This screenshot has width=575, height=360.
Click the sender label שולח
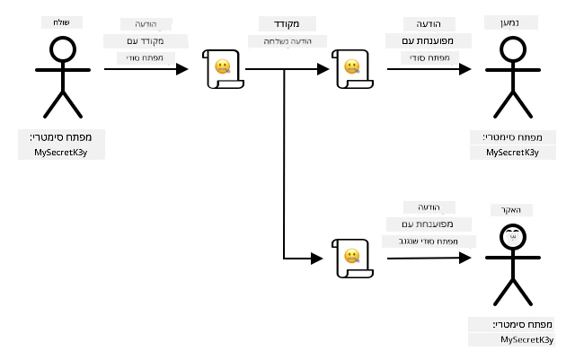62,22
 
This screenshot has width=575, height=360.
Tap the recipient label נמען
509,22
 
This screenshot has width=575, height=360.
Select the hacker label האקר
511,210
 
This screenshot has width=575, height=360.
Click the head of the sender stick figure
63,49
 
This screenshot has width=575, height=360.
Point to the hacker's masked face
513,237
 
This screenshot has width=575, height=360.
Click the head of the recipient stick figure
513,49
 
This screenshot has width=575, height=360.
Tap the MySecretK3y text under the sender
61,152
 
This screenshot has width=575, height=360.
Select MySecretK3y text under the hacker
526,340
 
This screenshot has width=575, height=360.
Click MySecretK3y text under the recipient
512,152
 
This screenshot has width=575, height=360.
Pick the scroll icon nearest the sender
223,69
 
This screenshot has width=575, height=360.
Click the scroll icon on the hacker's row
352,259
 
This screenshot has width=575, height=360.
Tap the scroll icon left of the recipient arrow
352,69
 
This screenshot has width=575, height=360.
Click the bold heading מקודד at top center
287,24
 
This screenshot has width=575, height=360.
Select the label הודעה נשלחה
287,41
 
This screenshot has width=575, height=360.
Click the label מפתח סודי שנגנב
429,241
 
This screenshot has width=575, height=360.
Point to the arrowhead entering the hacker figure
465,258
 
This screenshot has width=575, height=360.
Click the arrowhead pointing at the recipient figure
465,69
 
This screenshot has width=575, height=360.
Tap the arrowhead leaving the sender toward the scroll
182,69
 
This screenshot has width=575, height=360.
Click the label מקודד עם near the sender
146,41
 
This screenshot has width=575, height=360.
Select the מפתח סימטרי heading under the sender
61,137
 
